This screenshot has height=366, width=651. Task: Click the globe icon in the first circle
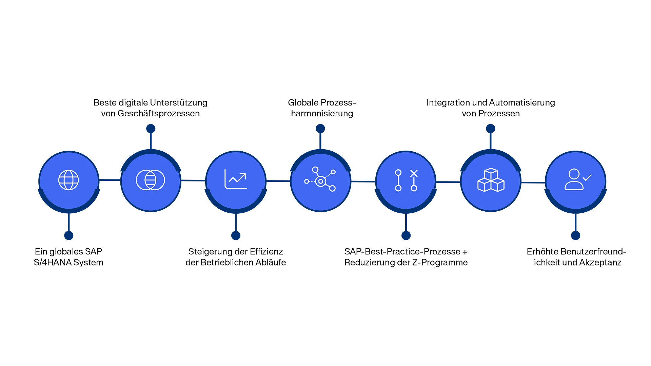tap(68, 180)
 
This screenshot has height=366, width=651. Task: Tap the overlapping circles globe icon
tap(151, 180)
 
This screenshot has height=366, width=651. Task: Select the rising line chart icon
tap(236, 179)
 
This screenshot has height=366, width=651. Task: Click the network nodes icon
tap(320, 179)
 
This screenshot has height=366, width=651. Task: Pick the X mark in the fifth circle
tap(414, 173)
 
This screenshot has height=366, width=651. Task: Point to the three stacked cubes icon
tap(491, 180)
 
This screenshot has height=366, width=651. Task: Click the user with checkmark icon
tap(578, 179)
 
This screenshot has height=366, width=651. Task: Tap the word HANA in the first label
tap(60, 262)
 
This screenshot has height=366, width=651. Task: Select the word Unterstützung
tap(179, 102)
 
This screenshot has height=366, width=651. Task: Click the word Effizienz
tap(266, 251)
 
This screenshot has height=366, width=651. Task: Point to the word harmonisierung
tap(322, 113)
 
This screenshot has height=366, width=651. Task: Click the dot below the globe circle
tap(69, 235)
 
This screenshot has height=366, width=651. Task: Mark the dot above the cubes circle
tap(491, 129)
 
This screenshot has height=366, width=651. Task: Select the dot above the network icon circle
tap(320, 129)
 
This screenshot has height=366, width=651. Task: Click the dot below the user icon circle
tap(575, 235)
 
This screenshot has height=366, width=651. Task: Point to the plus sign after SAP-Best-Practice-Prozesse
tap(465, 252)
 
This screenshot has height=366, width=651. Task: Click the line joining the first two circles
tap(110, 180)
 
